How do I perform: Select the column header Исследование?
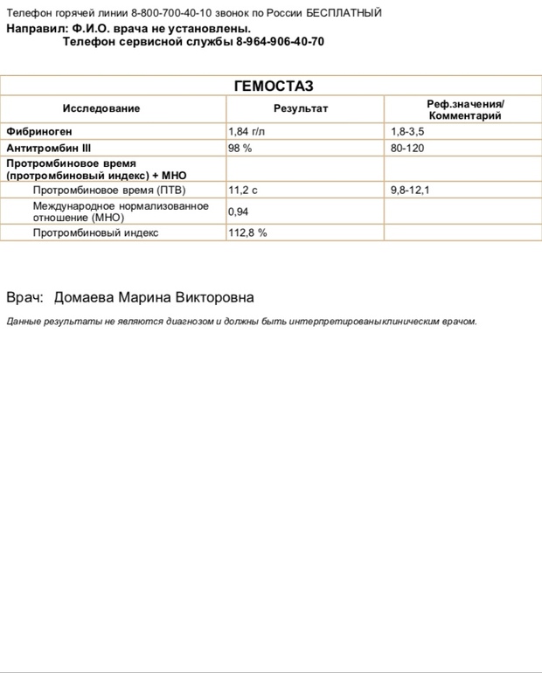(101, 108)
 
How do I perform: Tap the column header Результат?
(300, 108)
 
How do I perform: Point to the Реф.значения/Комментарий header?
(464, 108)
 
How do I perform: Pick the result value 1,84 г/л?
(246, 131)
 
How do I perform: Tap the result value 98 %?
(240, 148)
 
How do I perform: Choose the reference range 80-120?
(406, 148)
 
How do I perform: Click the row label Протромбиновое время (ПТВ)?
(109, 190)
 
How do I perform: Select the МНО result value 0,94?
(239, 212)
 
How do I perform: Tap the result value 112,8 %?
(247, 233)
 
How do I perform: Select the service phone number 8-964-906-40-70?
(280, 41)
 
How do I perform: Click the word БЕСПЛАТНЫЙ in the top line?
(344, 14)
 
